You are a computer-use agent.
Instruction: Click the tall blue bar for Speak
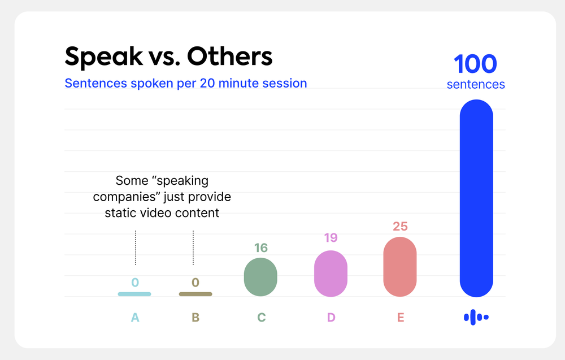[476, 198]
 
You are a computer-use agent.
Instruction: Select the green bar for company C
[260, 277]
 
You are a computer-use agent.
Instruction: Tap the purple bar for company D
[331, 274]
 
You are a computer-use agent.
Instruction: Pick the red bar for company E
[400, 267]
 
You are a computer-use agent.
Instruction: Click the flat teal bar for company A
[134, 294]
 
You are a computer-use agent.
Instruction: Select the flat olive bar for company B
[195, 294]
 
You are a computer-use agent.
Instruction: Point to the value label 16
[261, 248]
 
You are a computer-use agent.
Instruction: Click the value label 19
[331, 237]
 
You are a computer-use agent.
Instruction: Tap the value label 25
[401, 226]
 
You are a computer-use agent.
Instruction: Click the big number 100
[476, 64]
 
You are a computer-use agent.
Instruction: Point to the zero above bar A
[135, 282]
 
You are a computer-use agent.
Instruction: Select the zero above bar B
[195, 282]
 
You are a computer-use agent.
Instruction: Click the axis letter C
[261, 318]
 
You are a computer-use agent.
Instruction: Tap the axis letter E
[401, 318]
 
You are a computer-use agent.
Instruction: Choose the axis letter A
[135, 318]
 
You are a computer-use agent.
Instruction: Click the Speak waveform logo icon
[476, 317]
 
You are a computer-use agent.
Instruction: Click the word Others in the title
[230, 56]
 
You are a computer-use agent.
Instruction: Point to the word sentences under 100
[476, 84]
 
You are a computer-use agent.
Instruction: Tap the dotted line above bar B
[193, 248]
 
